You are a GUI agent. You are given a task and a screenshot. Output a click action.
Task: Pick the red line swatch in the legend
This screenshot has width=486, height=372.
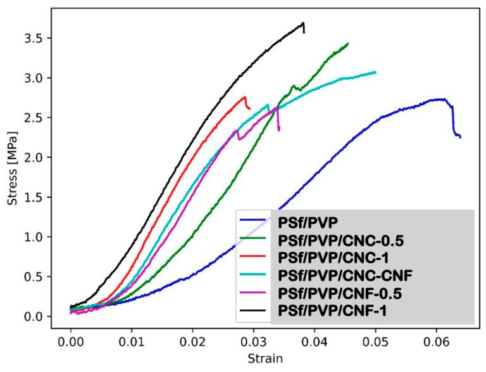coord(254,259)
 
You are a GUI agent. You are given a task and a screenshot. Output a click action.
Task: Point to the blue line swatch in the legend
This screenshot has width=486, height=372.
coord(254,222)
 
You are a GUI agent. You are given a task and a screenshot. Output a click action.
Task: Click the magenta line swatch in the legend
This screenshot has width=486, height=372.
coord(254,295)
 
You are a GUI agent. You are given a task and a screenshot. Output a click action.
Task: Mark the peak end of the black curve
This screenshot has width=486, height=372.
coord(303,23)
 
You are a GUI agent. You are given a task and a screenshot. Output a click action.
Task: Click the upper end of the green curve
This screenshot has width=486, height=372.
coord(347,44)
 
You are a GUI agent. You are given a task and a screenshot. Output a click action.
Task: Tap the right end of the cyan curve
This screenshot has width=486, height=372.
coord(375,72)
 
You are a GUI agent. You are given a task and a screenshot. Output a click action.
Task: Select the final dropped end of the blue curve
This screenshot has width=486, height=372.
coord(460,137)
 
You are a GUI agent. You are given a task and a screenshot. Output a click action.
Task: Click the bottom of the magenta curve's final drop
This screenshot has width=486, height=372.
coord(279,130)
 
